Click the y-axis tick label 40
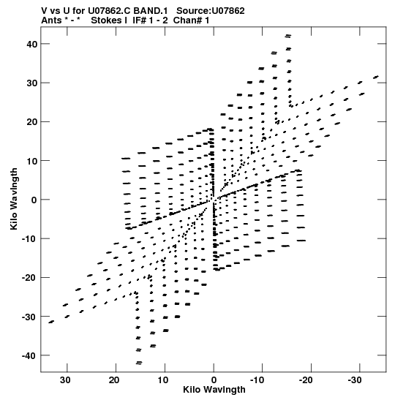point(32,44)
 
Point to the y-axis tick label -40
point(29,355)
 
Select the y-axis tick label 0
point(34,200)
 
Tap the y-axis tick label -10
point(29,239)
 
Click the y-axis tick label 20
point(32,122)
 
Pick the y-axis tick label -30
point(29,317)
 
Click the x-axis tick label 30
point(65,380)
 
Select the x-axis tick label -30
point(355,380)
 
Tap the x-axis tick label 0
point(214,380)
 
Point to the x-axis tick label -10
point(257,380)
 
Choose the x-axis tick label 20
point(114,380)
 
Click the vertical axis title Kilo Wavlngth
point(14,199)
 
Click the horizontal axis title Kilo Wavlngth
point(214,390)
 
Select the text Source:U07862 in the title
point(211,11)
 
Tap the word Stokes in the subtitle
point(109,20)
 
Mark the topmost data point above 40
point(288,36)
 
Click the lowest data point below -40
point(139,363)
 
